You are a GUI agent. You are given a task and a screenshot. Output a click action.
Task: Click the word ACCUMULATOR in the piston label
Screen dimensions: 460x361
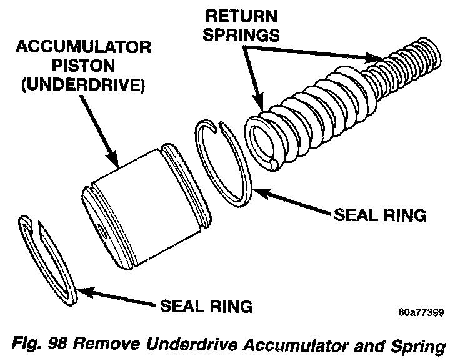pyautogui.click(x=84, y=47)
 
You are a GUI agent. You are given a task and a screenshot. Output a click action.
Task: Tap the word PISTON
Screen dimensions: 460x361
pyautogui.click(x=83, y=66)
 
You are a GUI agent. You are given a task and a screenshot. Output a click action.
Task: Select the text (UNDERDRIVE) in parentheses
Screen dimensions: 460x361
pyautogui.click(x=84, y=85)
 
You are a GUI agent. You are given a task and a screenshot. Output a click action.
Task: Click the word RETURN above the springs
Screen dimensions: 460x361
pyautogui.click(x=241, y=16)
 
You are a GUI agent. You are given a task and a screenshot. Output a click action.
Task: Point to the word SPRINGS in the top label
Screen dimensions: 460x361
pyautogui.click(x=241, y=34)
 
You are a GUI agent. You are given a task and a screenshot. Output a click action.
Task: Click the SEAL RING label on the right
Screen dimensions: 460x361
pyautogui.click(x=380, y=215)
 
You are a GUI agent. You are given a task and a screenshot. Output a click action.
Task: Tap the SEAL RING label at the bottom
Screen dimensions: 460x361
pyautogui.click(x=206, y=306)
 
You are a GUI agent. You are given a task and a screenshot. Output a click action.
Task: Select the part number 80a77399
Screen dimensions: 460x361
pyautogui.click(x=421, y=312)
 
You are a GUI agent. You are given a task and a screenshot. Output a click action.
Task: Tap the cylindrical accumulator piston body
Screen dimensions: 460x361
pyautogui.click(x=146, y=205)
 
